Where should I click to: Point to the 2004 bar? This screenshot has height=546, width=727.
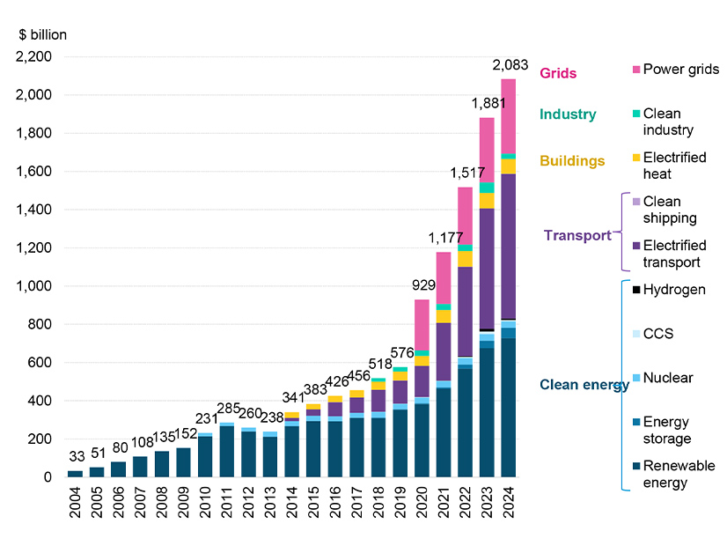pyautogui.click(x=75, y=474)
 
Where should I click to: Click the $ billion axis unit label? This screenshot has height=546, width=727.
pyautogui.click(x=42, y=35)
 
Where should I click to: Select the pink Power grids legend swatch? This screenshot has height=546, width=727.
pyautogui.click(x=635, y=70)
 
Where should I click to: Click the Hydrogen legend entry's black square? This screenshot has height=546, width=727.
pyautogui.click(x=635, y=290)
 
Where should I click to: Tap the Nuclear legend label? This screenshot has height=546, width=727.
pyautogui.click(x=668, y=378)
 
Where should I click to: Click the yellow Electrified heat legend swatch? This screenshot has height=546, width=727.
pyautogui.click(x=635, y=158)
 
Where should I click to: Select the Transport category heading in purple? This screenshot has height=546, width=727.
pyautogui.click(x=576, y=235)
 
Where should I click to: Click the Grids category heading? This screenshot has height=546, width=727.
pyautogui.click(x=558, y=73)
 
